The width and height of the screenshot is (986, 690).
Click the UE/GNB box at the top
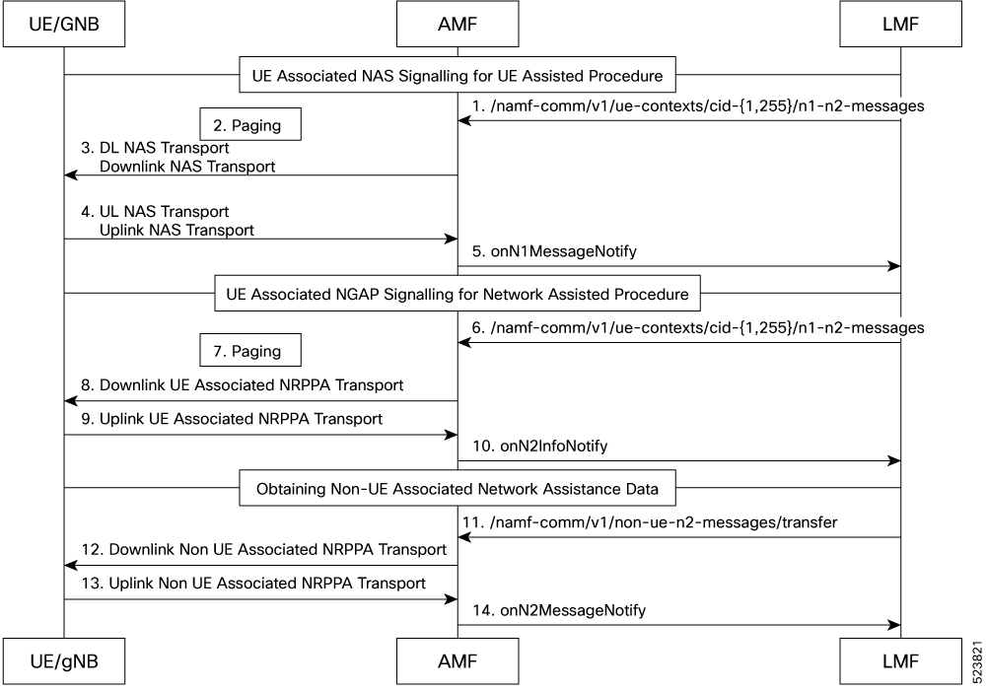64,24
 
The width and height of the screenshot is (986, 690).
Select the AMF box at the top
458,24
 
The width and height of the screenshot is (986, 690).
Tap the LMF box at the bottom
900,661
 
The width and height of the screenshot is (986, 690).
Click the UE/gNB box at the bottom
64,661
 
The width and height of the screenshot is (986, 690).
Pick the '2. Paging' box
250,124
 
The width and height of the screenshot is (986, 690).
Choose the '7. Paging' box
250,350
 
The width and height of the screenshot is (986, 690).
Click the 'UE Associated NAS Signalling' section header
458,75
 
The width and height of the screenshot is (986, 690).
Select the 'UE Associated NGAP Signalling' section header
458,294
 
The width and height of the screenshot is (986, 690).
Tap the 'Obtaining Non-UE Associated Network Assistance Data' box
458,488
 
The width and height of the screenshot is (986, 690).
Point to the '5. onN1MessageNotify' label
554,251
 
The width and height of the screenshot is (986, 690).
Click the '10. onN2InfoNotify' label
540,447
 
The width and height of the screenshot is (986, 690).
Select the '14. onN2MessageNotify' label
559,610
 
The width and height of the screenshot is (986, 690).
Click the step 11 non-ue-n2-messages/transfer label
650,522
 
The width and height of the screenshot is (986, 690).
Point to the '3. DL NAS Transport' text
156,148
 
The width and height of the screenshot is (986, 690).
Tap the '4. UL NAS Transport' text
156,212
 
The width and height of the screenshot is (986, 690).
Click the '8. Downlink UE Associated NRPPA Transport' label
243,385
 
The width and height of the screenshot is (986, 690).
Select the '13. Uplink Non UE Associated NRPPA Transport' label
253,584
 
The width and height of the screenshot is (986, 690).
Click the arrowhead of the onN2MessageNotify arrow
893,625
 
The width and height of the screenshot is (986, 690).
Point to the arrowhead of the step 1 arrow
464,120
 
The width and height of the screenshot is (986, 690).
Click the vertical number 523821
976,661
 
